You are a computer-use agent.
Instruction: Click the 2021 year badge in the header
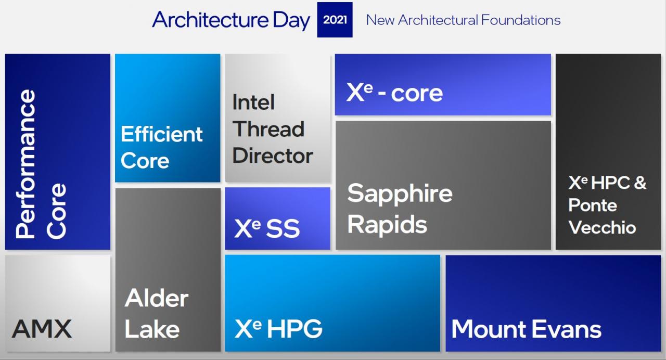click(x=335, y=20)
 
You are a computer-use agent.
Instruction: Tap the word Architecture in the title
click(x=210, y=20)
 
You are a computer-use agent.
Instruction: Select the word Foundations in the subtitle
click(x=521, y=20)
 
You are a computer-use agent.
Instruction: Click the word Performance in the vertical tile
click(x=25, y=163)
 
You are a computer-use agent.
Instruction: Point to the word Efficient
click(x=161, y=134)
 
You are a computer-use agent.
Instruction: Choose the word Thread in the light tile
click(x=268, y=129)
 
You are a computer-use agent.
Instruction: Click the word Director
click(x=272, y=156)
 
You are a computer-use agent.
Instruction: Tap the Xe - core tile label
click(x=394, y=93)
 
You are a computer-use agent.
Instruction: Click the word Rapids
click(x=387, y=224)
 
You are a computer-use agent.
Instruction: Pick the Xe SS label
click(x=267, y=228)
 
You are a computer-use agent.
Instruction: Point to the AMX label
click(x=42, y=328)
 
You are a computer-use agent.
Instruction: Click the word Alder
click(x=157, y=298)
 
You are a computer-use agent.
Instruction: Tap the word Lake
click(x=152, y=329)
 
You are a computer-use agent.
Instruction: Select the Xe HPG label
click(x=278, y=328)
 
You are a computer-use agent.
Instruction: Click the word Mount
click(x=490, y=329)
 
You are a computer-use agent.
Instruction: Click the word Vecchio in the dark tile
click(x=602, y=227)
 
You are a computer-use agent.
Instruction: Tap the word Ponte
click(x=593, y=205)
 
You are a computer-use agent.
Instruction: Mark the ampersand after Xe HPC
click(x=640, y=182)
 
